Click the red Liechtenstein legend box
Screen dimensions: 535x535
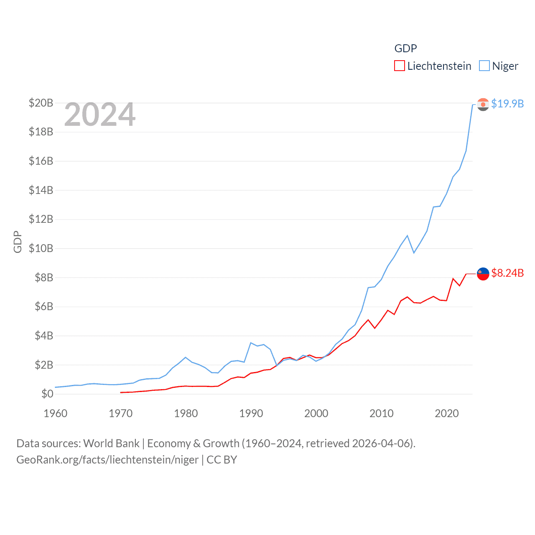400,66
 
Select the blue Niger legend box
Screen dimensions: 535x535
484,66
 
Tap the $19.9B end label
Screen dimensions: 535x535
507,104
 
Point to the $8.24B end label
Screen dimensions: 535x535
507,273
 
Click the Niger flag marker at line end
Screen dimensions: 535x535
483,104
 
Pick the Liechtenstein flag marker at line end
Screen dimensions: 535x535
483,274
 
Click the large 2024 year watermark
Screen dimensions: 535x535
100,115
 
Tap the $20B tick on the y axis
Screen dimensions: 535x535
41,103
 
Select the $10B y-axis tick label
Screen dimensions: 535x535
41,248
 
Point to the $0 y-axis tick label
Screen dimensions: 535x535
47,394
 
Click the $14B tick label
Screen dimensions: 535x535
41,190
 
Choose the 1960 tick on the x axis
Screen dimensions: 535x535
56,413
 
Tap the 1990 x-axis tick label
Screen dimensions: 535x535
251,413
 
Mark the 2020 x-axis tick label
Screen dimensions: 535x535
446,413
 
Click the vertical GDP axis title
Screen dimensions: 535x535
18,242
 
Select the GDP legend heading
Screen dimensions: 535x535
405,48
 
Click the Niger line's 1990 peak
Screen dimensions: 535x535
251,343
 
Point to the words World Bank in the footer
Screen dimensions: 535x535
111,443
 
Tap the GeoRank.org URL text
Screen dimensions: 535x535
107,460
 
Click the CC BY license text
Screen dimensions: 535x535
222,460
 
